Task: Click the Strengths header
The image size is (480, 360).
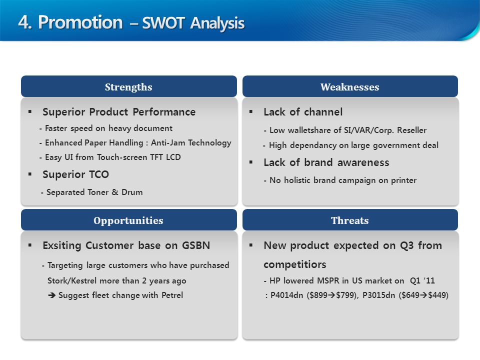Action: [x=129, y=86]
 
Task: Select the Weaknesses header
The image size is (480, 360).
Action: [x=350, y=86]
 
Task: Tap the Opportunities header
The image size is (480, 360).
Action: [x=129, y=220]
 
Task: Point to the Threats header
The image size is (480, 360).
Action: [x=350, y=220]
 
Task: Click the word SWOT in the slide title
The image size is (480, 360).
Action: [x=163, y=23]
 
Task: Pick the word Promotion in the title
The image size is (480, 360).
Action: [x=80, y=22]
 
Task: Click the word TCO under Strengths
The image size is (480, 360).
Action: [x=99, y=174]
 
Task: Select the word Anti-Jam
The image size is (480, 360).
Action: [x=168, y=142]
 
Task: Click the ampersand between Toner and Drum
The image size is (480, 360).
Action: [x=115, y=192]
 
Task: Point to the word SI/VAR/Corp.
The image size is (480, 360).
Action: [x=368, y=130]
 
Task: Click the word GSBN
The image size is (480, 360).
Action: [x=196, y=245]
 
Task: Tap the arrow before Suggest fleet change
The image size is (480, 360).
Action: [x=51, y=295]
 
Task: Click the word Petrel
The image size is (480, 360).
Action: [x=172, y=295]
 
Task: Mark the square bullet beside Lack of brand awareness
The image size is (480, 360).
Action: [x=250, y=162]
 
